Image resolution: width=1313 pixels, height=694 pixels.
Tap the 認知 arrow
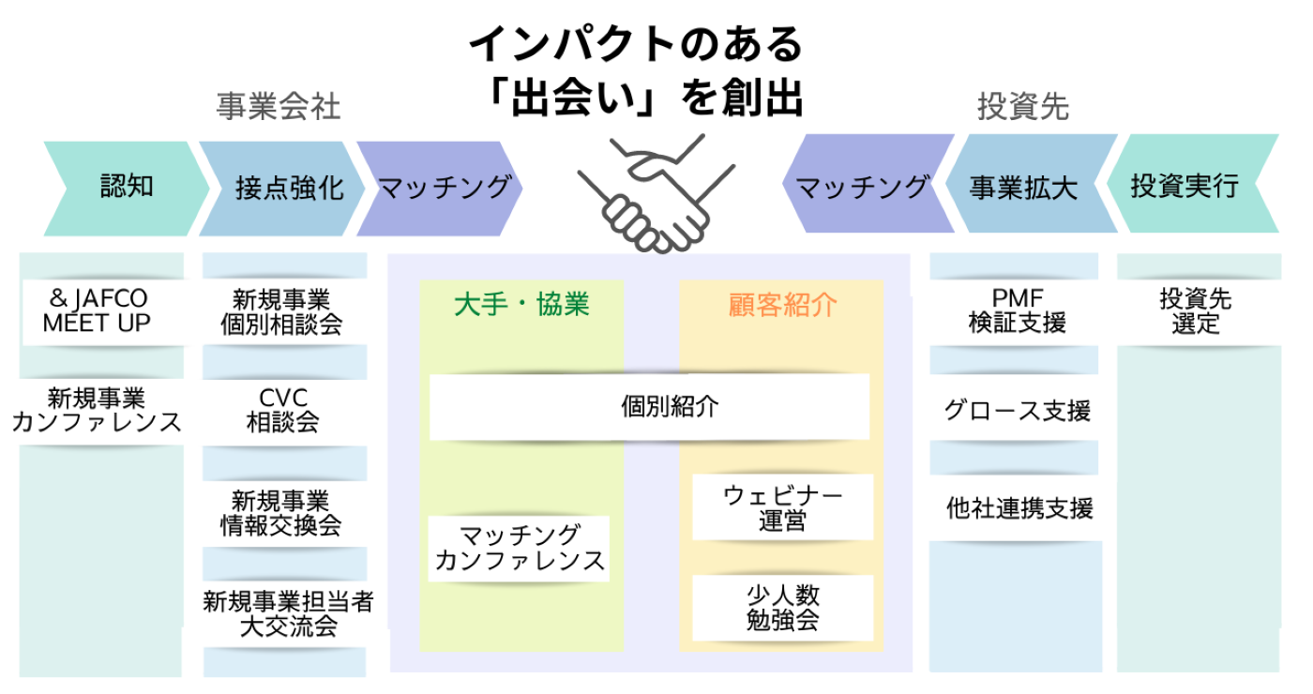click(x=127, y=188)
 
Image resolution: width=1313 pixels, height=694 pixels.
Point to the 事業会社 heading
click(x=279, y=107)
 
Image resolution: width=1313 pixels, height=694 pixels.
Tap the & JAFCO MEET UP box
click(x=98, y=311)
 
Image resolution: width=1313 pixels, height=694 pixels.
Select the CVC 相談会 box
click(x=283, y=411)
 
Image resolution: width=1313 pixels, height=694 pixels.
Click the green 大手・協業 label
click(x=521, y=305)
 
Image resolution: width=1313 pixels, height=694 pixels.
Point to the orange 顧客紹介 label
click(x=782, y=305)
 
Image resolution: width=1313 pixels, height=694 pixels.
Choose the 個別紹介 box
click(x=649, y=407)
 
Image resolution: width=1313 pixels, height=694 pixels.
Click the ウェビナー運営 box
click(x=782, y=507)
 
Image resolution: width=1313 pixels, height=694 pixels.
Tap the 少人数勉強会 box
click(x=782, y=608)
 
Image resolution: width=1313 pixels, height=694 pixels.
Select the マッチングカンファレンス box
click(x=520, y=549)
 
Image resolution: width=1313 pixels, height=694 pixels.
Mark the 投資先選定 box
click(x=1196, y=311)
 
